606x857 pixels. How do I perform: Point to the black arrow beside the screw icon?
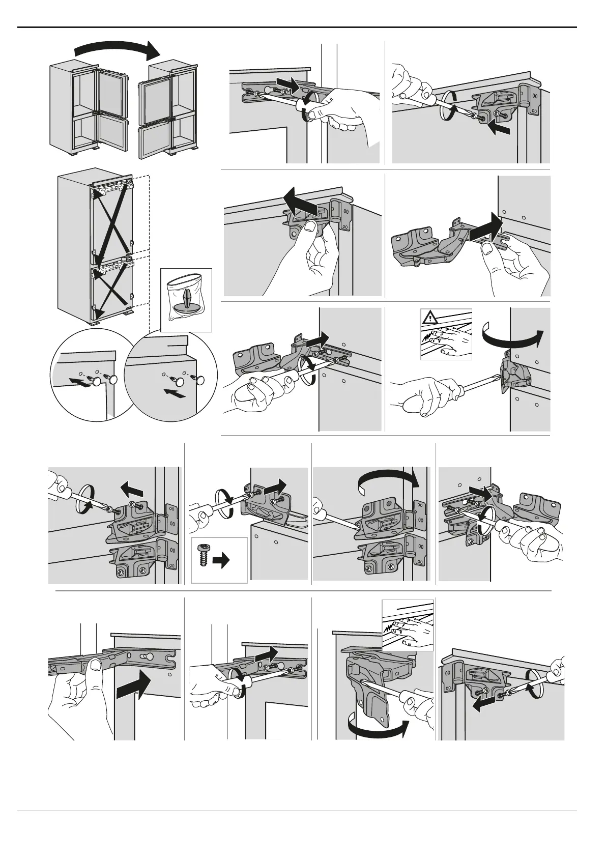(221, 561)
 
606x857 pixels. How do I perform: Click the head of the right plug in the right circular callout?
(200, 380)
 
